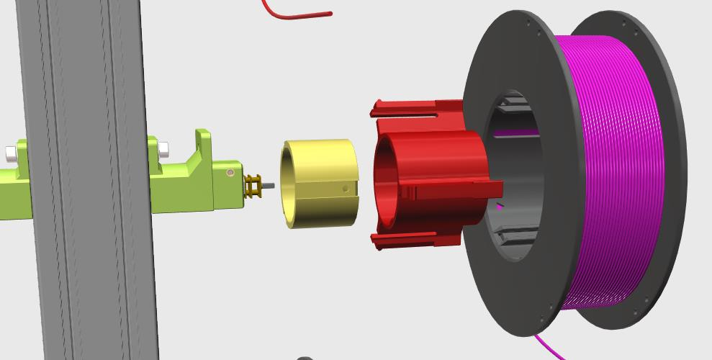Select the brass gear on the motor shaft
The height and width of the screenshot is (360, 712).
(253, 186)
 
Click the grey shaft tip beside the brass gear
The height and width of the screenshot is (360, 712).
(269, 186)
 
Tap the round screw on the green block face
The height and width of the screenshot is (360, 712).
(230, 173)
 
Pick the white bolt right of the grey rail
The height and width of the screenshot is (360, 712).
(163, 149)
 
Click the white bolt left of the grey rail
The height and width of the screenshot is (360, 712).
(11, 153)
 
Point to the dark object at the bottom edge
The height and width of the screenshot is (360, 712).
(305, 357)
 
